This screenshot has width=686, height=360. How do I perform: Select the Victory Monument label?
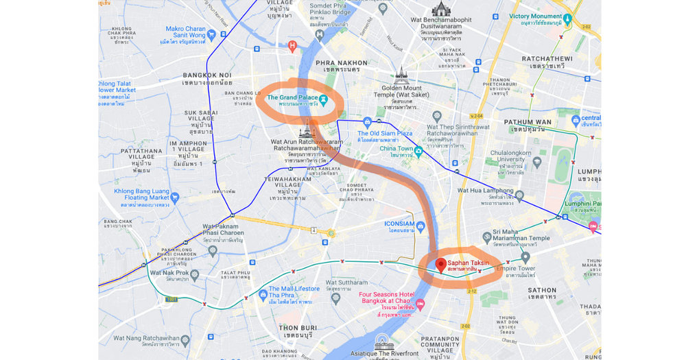click(x=535, y=16)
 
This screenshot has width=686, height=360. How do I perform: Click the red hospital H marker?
click(x=292, y=46)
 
